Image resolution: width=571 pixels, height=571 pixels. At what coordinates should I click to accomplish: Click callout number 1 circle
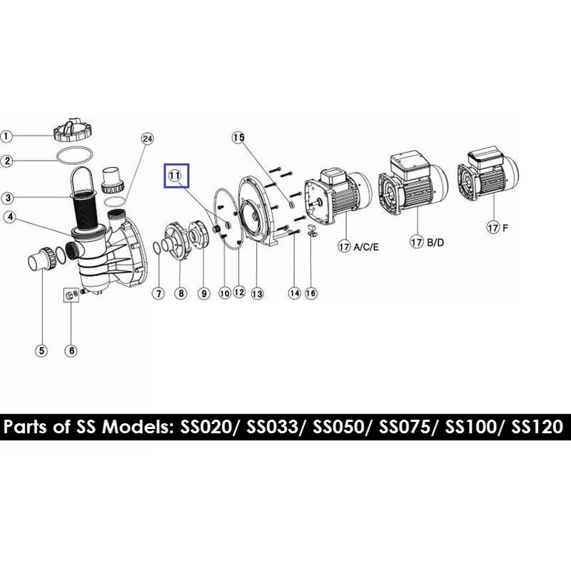6,136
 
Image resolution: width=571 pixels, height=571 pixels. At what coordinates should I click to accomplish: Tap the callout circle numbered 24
147,138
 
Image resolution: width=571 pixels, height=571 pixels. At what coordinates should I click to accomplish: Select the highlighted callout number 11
175,176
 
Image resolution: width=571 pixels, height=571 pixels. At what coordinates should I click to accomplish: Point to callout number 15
238,138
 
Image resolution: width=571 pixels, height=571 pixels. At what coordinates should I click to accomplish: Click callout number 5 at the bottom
41,350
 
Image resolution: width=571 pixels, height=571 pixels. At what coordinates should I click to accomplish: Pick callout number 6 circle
71,350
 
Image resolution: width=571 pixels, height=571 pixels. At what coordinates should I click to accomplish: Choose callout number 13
257,293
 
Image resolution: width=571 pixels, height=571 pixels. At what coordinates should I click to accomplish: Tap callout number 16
311,293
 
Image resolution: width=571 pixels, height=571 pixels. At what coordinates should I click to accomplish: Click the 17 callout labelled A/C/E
344,247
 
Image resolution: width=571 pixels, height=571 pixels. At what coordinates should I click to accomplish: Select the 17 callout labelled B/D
417,242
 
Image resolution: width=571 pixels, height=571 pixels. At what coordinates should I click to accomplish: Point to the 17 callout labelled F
492,228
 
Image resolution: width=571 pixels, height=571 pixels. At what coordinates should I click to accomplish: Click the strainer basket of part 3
86,204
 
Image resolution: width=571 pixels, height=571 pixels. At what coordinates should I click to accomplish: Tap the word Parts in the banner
26,427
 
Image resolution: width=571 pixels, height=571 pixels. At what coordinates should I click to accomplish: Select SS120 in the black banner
537,427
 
